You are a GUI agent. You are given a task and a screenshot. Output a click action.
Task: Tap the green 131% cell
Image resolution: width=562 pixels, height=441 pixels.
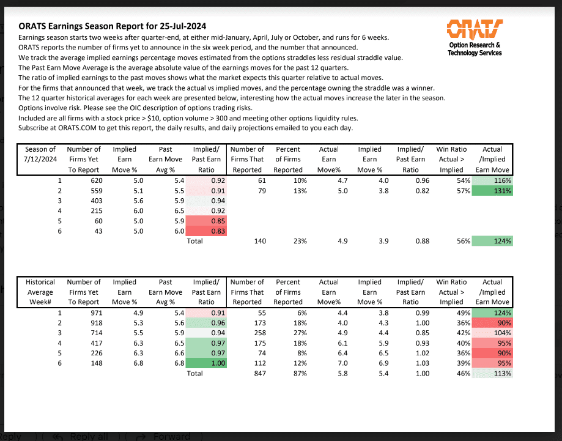click(x=492, y=191)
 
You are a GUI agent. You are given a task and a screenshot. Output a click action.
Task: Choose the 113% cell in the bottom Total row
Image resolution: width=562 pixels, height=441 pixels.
click(x=492, y=373)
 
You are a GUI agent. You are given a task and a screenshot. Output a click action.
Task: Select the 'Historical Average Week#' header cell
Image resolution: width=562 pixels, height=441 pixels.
click(x=40, y=292)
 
